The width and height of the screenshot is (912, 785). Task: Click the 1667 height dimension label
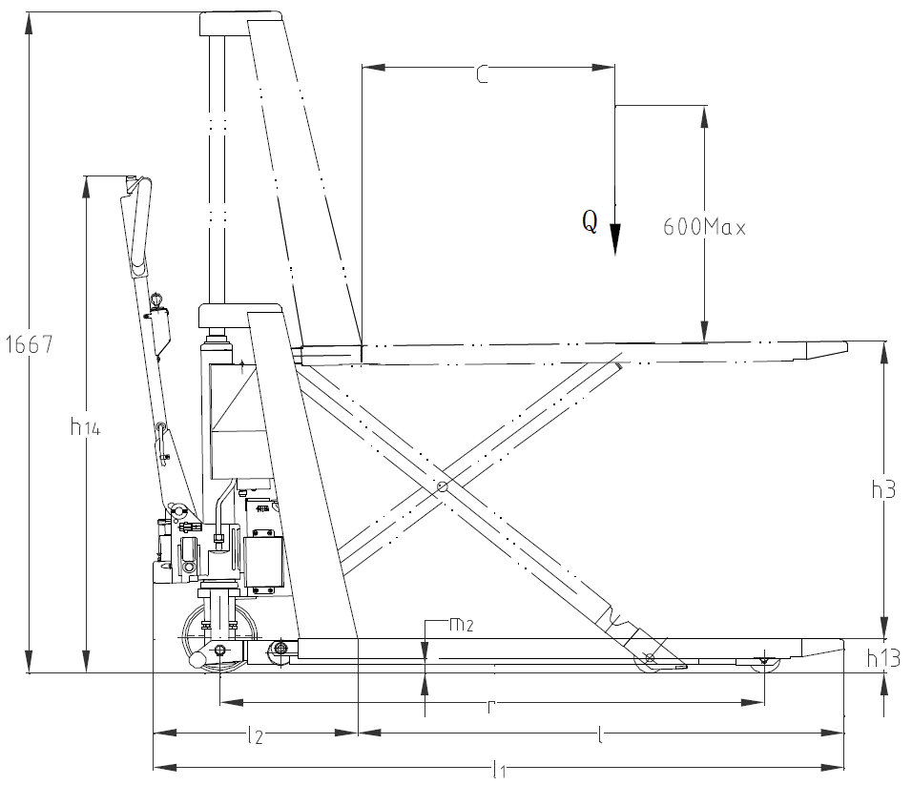coord(29,344)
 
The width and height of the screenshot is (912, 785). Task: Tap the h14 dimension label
coord(85,427)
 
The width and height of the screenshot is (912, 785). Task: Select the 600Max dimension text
coord(704,227)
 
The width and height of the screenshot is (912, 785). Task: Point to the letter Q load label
coord(590,221)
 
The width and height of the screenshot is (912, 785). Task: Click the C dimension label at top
coord(482,75)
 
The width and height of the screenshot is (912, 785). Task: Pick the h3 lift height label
coord(883,490)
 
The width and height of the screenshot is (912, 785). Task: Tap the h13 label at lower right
coord(883,658)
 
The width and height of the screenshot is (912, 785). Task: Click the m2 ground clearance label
coord(461,625)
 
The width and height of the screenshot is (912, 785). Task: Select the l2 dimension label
coord(256,735)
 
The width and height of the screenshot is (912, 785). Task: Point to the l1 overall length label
coord(499,771)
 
